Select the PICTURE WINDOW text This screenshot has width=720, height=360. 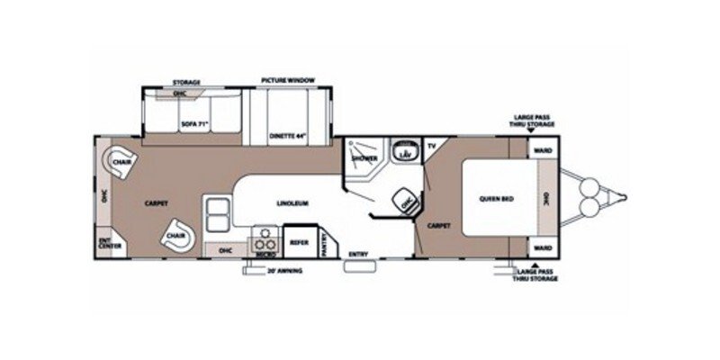coord(287,81)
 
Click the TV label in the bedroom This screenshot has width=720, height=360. coord(431,145)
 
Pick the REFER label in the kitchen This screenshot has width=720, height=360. coord(299,240)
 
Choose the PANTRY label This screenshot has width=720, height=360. coord(323,240)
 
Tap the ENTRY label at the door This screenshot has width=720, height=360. coord(357,255)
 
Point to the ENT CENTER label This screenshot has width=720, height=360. coord(105,241)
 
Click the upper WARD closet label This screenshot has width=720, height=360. coord(543,151)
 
